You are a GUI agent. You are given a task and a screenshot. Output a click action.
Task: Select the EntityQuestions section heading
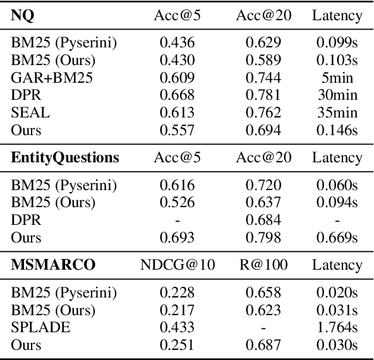[x=65, y=158]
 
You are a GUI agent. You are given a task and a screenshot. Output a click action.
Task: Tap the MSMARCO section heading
[x=53, y=265]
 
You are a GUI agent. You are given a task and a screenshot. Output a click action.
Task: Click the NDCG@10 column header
[x=178, y=265]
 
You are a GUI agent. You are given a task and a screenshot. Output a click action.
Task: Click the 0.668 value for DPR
[x=178, y=95]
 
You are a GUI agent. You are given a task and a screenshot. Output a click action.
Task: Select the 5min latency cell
[x=337, y=78]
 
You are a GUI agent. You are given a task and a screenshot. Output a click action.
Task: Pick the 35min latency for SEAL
[x=337, y=113]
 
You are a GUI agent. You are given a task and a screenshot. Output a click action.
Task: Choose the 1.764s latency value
[x=337, y=328]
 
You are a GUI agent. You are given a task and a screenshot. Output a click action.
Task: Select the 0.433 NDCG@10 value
[x=178, y=328]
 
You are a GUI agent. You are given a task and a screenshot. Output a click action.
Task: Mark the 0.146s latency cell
[x=337, y=130]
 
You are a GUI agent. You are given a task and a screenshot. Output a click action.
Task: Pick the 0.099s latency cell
[x=337, y=44]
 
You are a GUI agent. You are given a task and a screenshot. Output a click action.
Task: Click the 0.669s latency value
[x=337, y=237]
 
